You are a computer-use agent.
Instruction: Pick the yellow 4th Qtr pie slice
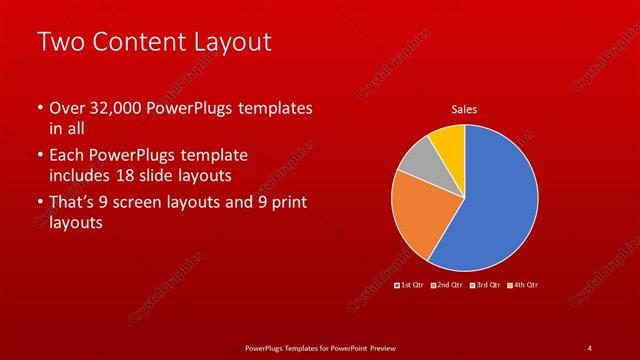click(448, 143)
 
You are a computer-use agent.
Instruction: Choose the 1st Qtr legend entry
click(410, 285)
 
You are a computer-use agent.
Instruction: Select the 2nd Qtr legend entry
click(445, 285)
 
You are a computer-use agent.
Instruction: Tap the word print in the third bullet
click(282, 203)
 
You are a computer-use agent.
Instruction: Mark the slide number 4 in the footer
click(589, 347)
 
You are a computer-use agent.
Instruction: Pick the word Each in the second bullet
click(69, 156)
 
